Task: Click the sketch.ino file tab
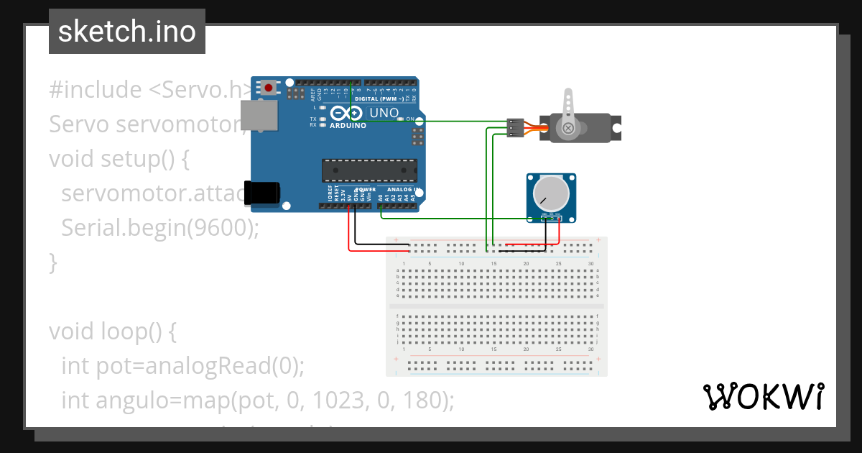126,32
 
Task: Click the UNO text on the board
384,114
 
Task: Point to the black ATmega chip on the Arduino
369,170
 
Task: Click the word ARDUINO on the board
348,125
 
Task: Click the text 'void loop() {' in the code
112,331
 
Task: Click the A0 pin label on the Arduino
380,196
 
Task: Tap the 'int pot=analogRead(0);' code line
183,366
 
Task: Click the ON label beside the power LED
410,119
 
